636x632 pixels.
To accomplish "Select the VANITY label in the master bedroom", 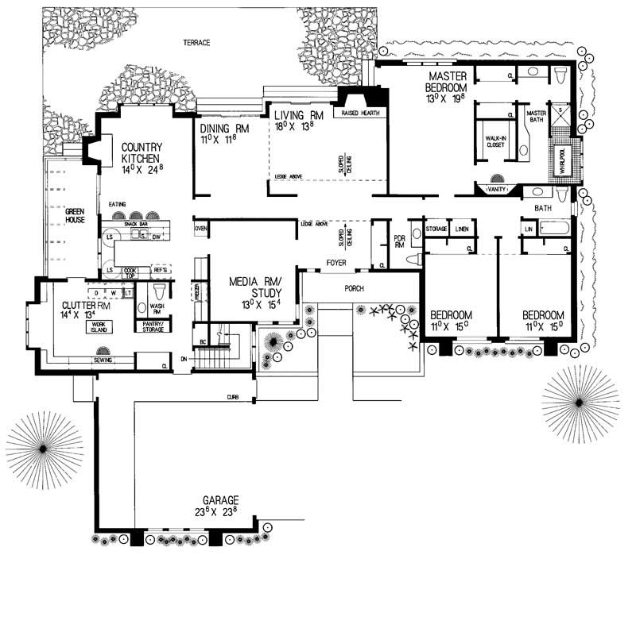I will pyautogui.click(x=497, y=189).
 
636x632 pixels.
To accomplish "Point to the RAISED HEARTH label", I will pyautogui.click(x=360, y=114).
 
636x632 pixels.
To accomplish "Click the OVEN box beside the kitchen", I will pyautogui.click(x=200, y=229).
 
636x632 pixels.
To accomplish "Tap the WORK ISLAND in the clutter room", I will pyautogui.click(x=99, y=326).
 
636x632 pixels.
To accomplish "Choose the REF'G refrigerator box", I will pyautogui.click(x=161, y=270).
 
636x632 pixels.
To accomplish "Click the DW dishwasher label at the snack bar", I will pyautogui.click(x=157, y=236).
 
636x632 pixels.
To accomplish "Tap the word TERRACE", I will pyautogui.click(x=196, y=42).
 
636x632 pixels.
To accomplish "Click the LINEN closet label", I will pyautogui.click(x=462, y=229).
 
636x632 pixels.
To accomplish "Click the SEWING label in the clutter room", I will pyautogui.click(x=102, y=360).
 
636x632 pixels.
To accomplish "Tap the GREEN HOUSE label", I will pyautogui.click(x=75, y=216).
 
